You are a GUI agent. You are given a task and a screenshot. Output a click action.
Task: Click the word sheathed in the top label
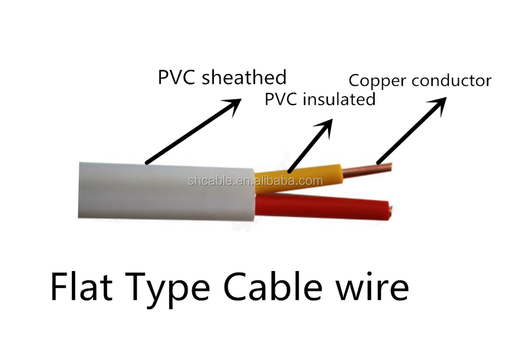[244, 77]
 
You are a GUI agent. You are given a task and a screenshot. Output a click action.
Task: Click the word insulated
[339, 99]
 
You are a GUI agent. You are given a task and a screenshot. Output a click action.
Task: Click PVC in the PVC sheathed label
[177, 77]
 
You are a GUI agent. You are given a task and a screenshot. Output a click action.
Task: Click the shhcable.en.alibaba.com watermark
[255, 181]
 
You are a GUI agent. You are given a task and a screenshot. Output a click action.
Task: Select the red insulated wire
[319, 206]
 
